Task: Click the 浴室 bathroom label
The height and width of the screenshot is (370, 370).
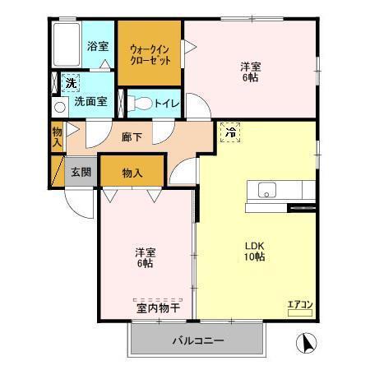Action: tap(98, 46)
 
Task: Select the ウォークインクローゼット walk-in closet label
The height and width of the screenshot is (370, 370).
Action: tap(150, 54)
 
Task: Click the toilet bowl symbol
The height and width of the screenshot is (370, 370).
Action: tap(142, 104)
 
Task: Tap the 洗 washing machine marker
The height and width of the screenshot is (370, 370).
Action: tap(71, 83)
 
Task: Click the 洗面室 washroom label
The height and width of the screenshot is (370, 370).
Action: tap(90, 103)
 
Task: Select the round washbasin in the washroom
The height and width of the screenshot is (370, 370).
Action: tap(59, 107)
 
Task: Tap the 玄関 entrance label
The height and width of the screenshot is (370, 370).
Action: tap(81, 173)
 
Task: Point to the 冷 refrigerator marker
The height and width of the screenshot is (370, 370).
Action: tap(231, 132)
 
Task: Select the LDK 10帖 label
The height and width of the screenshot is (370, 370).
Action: tap(253, 250)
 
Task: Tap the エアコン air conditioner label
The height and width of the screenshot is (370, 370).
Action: tap(299, 305)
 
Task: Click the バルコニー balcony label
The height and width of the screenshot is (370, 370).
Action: tap(197, 340)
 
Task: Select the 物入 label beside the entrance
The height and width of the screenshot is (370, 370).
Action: tap(132, 173)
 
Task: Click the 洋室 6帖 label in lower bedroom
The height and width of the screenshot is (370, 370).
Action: tap(146, 257)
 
